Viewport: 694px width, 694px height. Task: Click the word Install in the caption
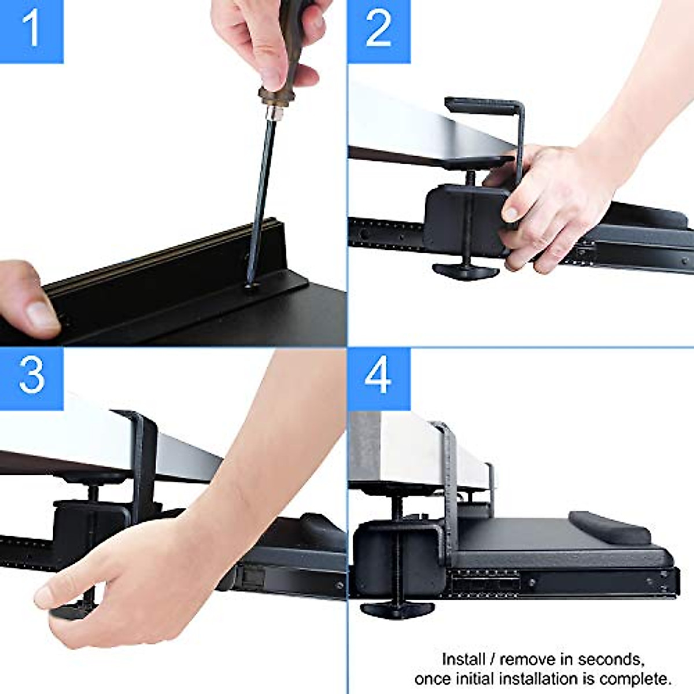(463, 659)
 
